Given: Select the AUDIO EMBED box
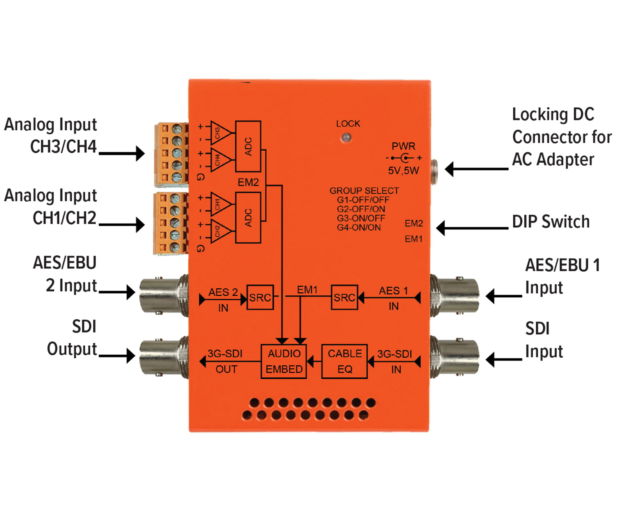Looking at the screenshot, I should pyautogui.click(x=284, y=361).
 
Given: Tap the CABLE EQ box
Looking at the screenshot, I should pyautogui.click(x=345, y=361).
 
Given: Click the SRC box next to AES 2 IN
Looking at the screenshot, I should pyautogui.click(x=260, y=297).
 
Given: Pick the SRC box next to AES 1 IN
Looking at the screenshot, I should pyautogui.click(x=344, y=297).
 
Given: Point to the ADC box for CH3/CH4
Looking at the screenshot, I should pyautogui.click(x=248, y=146).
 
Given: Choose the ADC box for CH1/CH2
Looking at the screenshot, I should pyautogui.click(x=248, y=217).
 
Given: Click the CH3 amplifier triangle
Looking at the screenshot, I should pyautogui.click(x=219, y=133).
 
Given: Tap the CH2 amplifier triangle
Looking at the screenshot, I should pyautogui.click(x=219, y=231).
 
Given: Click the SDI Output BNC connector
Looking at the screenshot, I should pyautogui.click(x=162, y=356).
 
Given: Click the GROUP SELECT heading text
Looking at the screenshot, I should pyautogui.click(x=364, y=191).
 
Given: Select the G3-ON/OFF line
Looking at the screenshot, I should pyautogui.click(x=361, y=218).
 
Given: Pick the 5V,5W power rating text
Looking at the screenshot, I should pyautogui.click(x=404, y=171).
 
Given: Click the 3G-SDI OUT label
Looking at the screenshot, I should pyautogui.click(x=225, y=361).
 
